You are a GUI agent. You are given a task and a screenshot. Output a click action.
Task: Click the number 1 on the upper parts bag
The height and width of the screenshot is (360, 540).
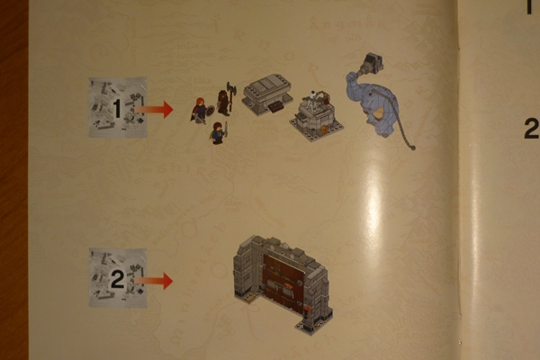click(x=117, y=109)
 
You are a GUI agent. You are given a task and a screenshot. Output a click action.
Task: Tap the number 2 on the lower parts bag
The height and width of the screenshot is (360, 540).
click(x=117, y=279)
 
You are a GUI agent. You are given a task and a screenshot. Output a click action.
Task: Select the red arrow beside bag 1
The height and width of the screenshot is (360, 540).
click(x=154, y=109)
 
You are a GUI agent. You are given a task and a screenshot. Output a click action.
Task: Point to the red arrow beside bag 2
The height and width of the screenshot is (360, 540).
click(x=154, y=281)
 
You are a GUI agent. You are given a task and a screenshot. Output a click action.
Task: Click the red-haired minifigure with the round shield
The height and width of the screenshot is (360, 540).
click(x=201, y=110)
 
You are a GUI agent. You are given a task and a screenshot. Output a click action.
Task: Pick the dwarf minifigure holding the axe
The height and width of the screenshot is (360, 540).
click(x=225, y=99)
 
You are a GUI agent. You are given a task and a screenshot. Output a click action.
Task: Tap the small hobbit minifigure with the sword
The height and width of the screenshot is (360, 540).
click(x=219, y=133)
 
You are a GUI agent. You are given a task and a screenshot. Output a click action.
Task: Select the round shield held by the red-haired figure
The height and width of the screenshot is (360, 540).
click(x=210, y=111)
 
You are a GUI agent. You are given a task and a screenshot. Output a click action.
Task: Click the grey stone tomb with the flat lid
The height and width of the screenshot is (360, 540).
click(x=267, y=93)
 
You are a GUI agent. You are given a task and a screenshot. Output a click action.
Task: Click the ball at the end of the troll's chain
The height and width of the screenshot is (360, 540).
click(x=412, y=148)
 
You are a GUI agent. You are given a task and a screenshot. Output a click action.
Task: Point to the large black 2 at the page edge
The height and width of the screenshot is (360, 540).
click(x=532, y=129)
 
